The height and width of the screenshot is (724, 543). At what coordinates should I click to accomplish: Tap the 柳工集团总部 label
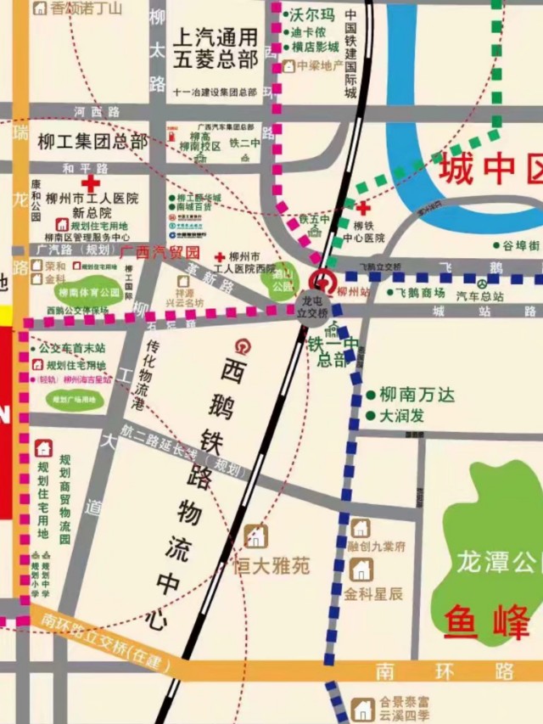[x=92, y=142]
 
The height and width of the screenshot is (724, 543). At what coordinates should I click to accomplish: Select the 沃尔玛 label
[x=312, y=15]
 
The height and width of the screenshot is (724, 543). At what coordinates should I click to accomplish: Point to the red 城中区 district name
[x=490, y=169]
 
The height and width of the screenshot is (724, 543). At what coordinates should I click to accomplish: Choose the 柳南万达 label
[x=417, y=396]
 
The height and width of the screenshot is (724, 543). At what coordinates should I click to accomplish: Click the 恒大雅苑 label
[x=271, y=565]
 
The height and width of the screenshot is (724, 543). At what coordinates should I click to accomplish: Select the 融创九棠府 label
[x=376, y=547]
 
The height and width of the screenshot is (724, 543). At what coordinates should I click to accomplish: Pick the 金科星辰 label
[x=373, y=593]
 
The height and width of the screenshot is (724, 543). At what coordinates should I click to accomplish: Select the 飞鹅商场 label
[x=421, y=293]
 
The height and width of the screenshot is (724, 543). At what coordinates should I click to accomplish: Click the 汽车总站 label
[x=480, y=297]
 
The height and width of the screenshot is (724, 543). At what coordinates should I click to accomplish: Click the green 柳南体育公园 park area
[x=89, y=292]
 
